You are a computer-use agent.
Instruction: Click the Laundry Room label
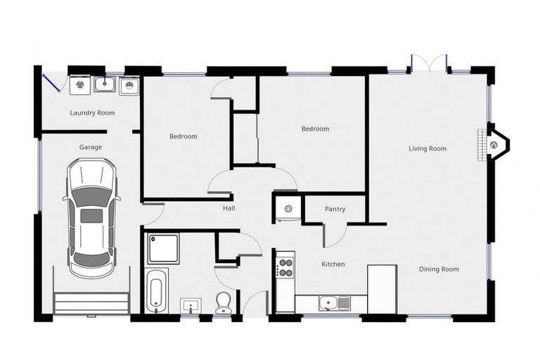(x=92, y=112)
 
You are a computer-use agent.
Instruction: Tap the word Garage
(x=91, y=147)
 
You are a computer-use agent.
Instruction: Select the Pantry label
(x=335, y=209)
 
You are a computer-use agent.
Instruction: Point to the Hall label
(x=229, y=207)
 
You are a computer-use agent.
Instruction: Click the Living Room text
(x=427, y=148)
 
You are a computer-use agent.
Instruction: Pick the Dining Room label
(x=439, y=269)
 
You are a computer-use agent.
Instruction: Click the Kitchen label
(x=333, y=264)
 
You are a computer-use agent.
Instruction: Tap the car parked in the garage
(x=91, y=218)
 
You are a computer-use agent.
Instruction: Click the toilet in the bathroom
(x=224, y=302)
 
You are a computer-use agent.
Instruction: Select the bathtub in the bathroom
(x=157, y=291)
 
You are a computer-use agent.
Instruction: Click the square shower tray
(x=163, y=248)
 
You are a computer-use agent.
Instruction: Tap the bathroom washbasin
(x=191, y=306)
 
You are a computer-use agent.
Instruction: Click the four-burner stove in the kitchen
(x=285, y=268)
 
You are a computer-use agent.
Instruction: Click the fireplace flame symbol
(x=494, y=145)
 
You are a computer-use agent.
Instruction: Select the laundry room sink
(x=105, y=84)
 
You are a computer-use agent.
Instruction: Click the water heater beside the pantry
(x=288, y=208)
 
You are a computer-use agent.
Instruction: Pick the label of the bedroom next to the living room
(x=315, y=129)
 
